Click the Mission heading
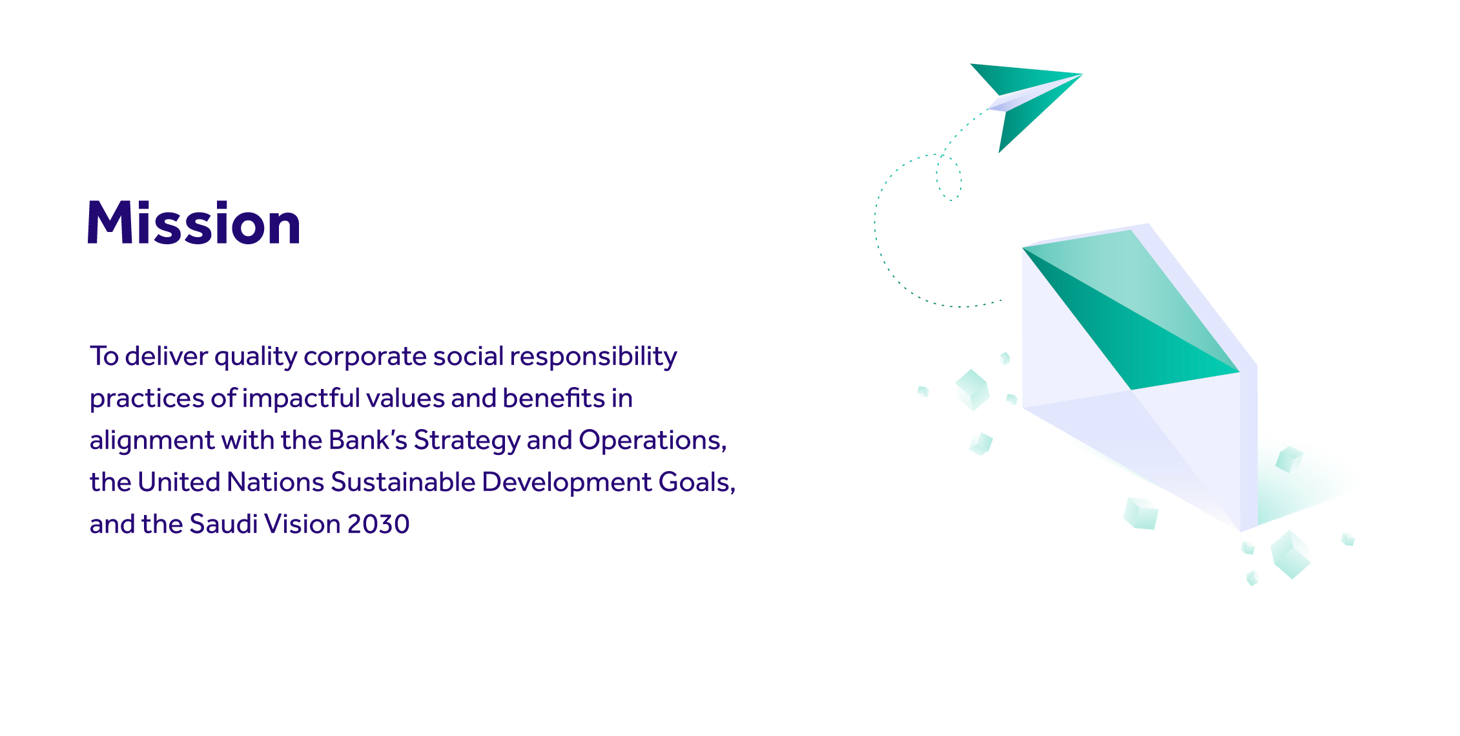tap(194, 223)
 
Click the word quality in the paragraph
tap(256, 357)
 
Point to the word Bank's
tap(367, 441)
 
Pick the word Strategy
tap(467, 441)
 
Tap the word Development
tap(566, 483)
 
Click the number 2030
tap(378, 524)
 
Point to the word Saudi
tap(223, 524)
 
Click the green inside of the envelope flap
tap(1136, 317)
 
